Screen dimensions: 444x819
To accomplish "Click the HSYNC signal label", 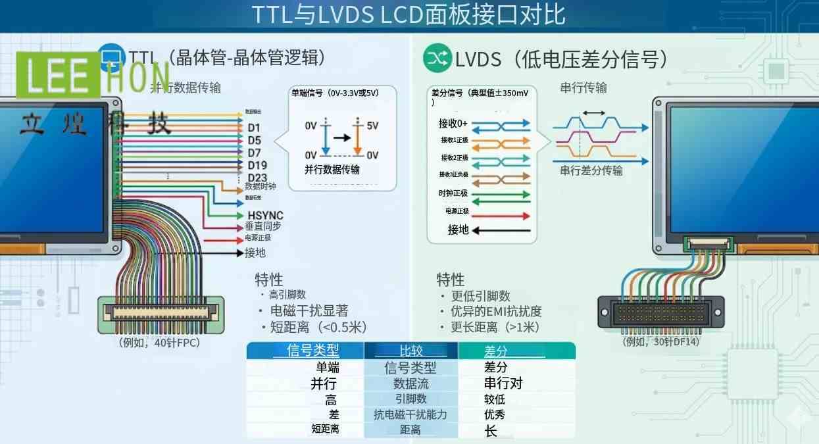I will point(265,216).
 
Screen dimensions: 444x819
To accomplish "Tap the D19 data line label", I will point(257,165).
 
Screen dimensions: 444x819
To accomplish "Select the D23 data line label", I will point(257,178).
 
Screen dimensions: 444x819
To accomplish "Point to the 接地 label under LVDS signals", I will point(458,230).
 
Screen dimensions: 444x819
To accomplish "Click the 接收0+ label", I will point(453,123).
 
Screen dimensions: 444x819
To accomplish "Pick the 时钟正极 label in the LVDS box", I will point(453,193).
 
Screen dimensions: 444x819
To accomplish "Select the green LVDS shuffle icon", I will point(436,59).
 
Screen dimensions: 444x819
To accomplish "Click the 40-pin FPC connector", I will point(161,314).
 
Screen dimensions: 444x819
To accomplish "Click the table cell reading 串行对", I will point(503,383).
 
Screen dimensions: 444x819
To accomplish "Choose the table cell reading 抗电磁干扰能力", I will point(410,414).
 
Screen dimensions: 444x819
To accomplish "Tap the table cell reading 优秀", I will point(495,414).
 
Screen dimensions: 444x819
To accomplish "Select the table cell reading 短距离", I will point(325,429).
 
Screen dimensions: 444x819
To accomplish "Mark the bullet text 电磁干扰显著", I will point(309,310).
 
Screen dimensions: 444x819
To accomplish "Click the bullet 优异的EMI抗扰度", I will point(496,311).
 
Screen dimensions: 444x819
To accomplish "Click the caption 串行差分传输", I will point(591,170).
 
